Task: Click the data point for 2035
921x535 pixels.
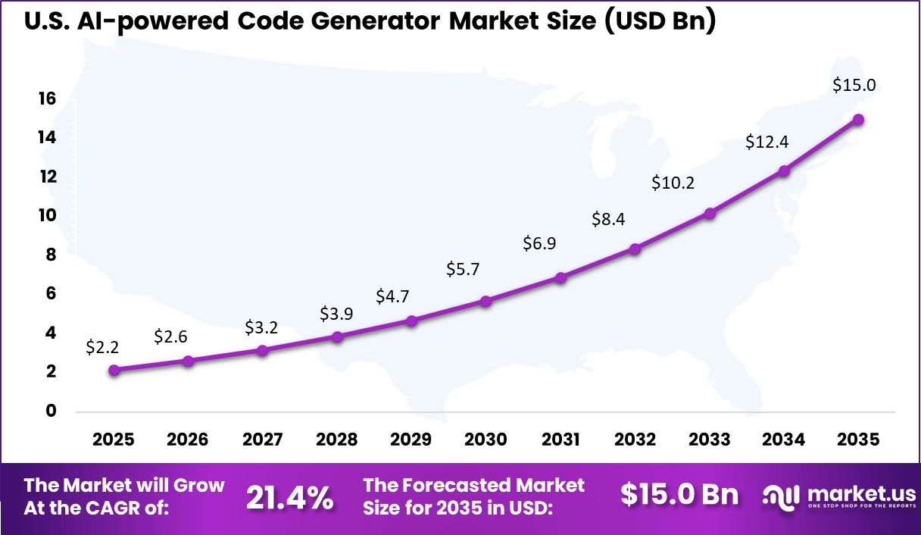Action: pyautogui.click(x=858, y=120)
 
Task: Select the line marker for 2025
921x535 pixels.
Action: pyautogui.click(x=114, y=370)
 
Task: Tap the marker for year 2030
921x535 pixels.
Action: pyautogui.click(x=486, y=301)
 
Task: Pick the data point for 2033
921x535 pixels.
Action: pyautogui.click(x=710, y=214)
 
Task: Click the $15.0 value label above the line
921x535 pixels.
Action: pyautogui.click(x=854, y=85)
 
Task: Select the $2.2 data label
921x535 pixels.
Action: pyautogui.click(x=103, y=347)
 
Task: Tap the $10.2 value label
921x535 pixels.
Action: pyautogui.click(x=673, y=183)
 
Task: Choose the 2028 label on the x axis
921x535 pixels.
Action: pyautogui.click(x=337, y=440)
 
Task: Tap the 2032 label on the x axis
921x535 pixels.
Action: pyautogui.click(x=635, y=440)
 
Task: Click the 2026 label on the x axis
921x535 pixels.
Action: pyautogui.click(x=188, y=440)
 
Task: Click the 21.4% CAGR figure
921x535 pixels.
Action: pyautogui.click(x=289, y=497)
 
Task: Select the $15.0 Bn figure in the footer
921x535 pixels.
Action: pyautogui.click(x=679, y=494)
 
